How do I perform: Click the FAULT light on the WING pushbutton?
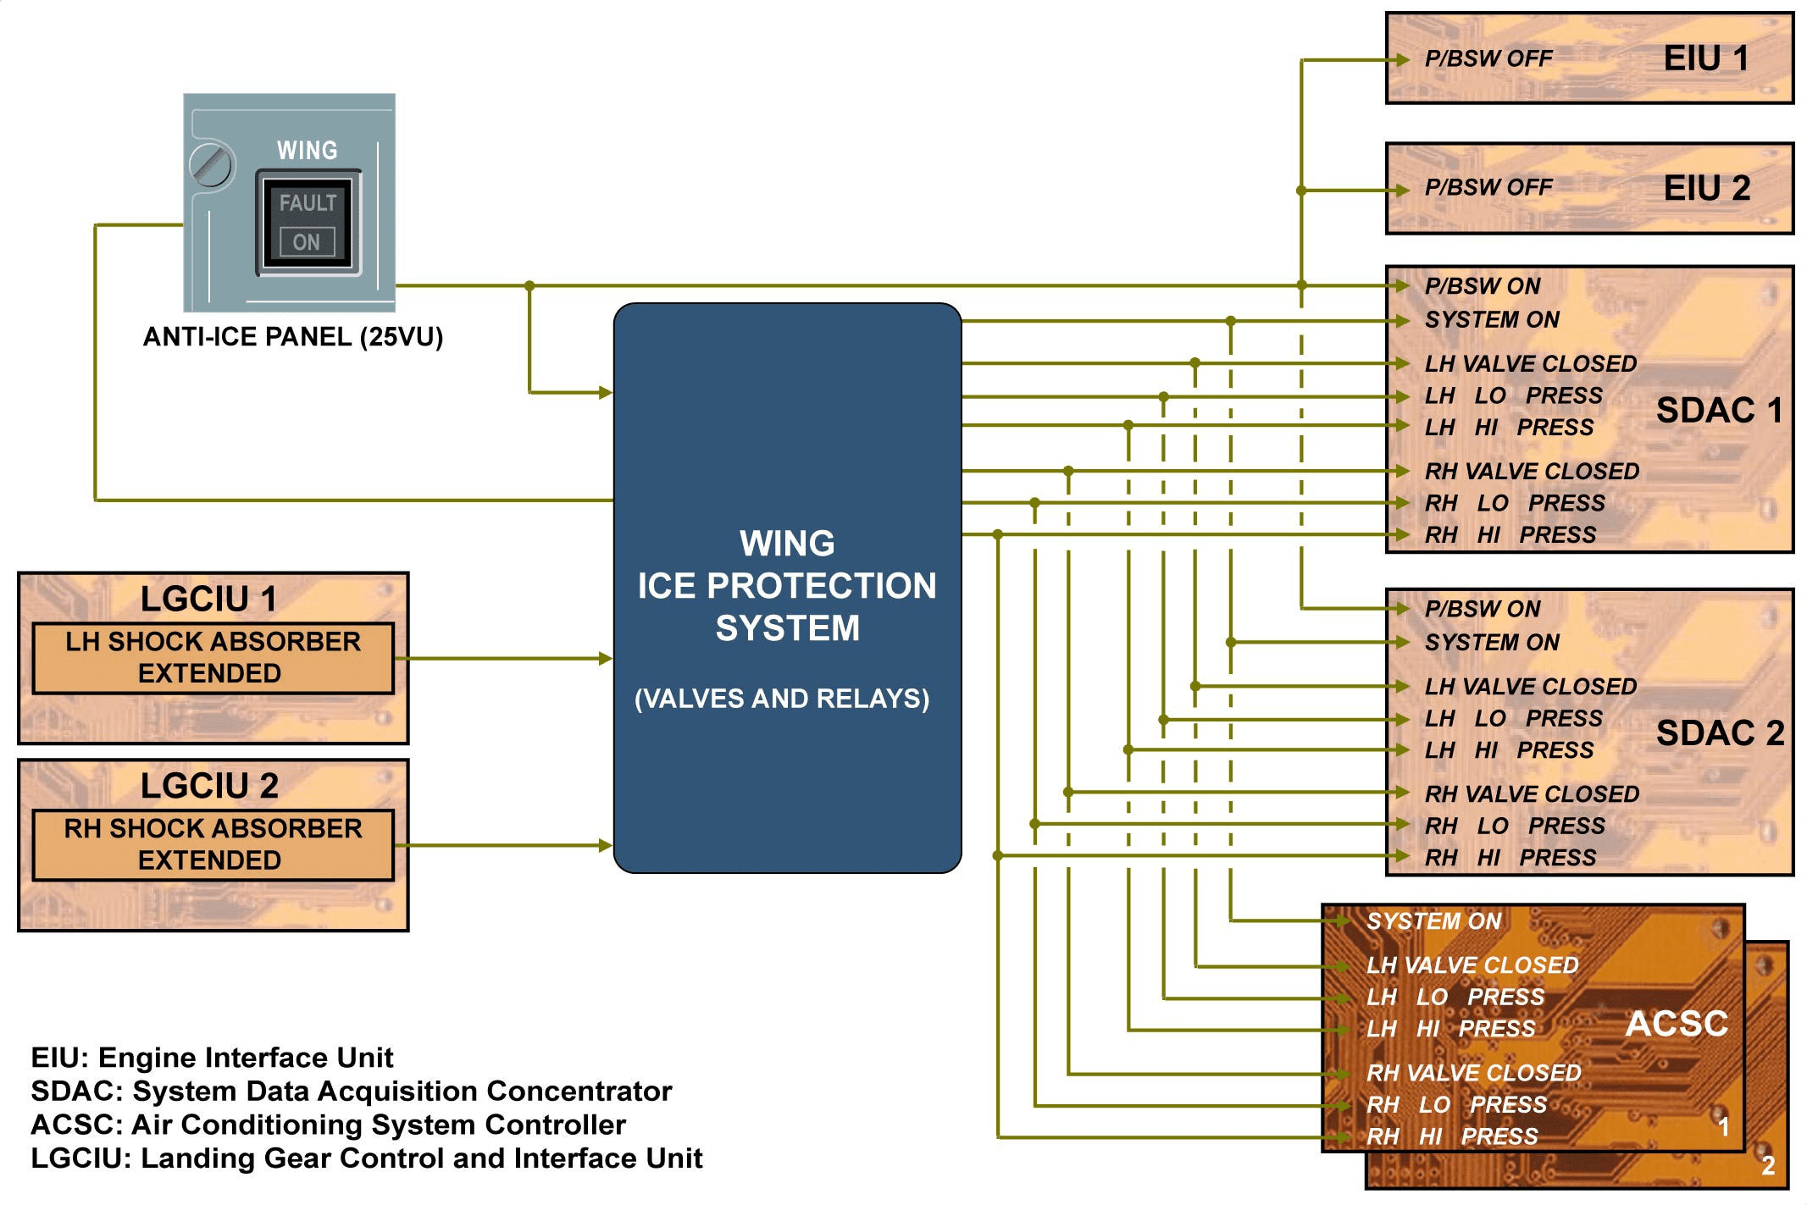(x=308, y=203)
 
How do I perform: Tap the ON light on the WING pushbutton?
(x=307, y=242)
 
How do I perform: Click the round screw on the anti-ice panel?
(x=210, y=165)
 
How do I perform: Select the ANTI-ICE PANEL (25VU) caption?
(x=293, y=337)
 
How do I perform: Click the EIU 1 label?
(x=1705, y=58)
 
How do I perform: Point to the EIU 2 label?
(x=1706, y=188)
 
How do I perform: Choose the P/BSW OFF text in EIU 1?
(x=1488, y=58)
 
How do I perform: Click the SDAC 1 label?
(x=1719, y=411)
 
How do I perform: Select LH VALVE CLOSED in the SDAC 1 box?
(x=1530, y=363)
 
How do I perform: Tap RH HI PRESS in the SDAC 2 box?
(x=1510, y=857)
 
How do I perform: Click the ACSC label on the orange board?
(x=1677, y=1024)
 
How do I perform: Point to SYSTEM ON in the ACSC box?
(x=1433, y=921)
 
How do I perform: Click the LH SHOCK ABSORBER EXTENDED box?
(x=213, y=658)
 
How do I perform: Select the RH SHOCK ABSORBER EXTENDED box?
(x=213, y=844)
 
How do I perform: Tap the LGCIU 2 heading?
(x=209, y=786)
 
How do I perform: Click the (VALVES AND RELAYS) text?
(x=782, y=699)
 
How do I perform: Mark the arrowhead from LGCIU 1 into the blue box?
(x=605, y=658)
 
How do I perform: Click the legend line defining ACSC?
(x=329, y=1125)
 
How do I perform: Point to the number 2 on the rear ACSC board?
(x=1768, y=1166)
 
